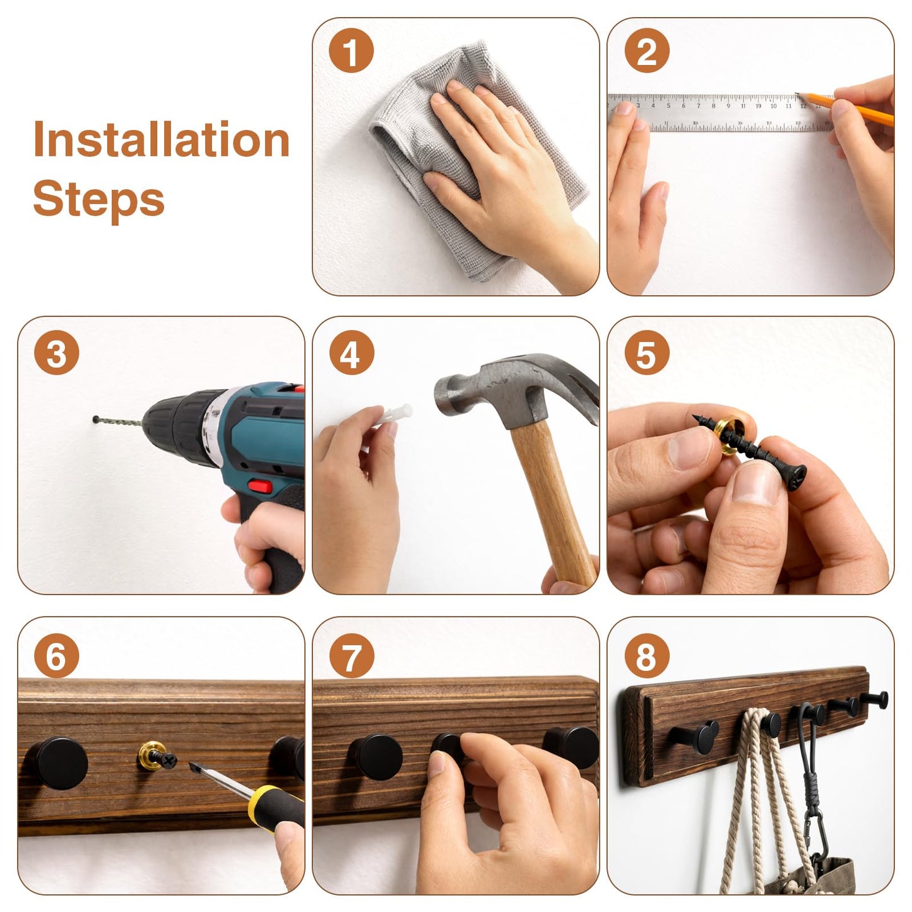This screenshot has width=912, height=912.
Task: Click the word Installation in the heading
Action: (x=162, y=139)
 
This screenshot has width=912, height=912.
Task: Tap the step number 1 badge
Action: (x=351, y=50)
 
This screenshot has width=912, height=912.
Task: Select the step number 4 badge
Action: (x=351, y=353)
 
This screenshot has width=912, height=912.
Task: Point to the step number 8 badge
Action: (x=646, y=656)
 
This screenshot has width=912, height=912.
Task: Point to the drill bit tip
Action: (x=95, y=419)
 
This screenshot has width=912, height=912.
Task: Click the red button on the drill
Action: (x=260, y=485)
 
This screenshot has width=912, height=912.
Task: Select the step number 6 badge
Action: (x=56, y=656)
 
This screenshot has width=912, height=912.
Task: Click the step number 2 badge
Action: (x=646, y=50)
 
